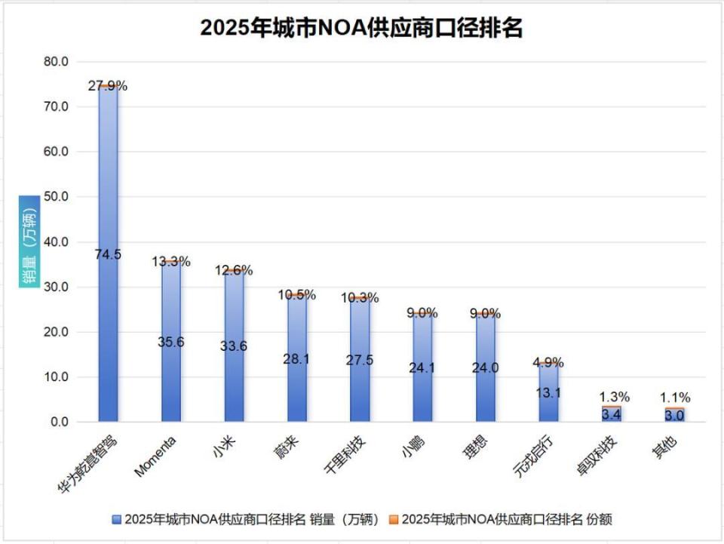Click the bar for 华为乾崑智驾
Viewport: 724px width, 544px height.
108,189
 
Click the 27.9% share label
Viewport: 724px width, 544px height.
108,86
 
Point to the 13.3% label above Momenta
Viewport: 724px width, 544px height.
171,262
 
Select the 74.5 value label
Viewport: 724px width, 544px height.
108,254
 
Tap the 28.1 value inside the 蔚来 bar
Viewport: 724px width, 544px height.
297,359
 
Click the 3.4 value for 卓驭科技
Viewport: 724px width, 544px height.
612,413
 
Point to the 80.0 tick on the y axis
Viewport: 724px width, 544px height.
55,61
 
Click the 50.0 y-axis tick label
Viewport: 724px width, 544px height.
55,197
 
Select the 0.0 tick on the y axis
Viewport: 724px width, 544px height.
59,422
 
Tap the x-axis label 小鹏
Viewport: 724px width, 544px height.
411,448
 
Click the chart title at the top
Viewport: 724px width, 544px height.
361,28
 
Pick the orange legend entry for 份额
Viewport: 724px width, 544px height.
501,519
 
